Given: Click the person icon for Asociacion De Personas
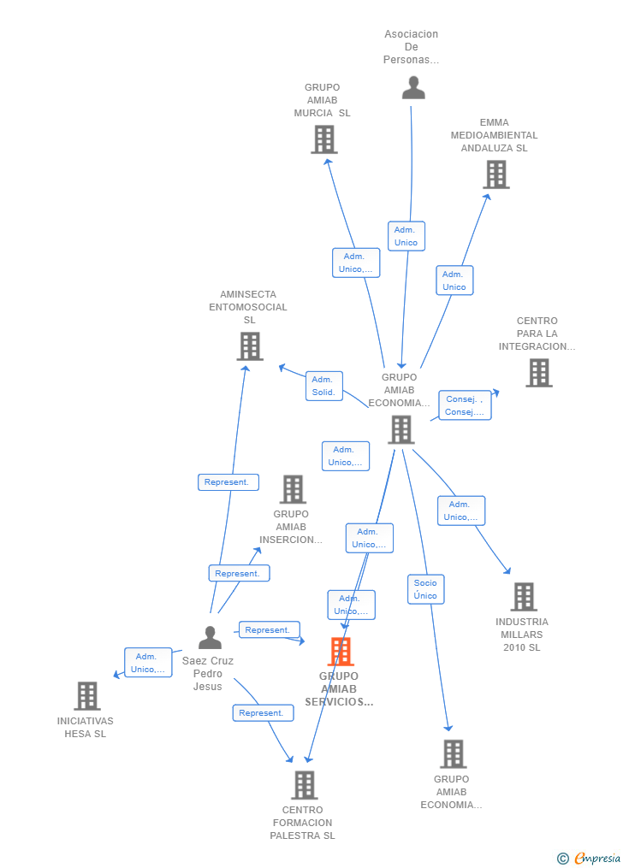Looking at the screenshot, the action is click(x=413, y=88).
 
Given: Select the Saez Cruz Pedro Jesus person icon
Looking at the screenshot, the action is click(x=210, y=637).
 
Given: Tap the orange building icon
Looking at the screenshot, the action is click(x=341, y=652).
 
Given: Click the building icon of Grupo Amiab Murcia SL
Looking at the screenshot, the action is click(x=323, y=139).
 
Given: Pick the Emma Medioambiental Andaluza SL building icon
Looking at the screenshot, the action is click(x=495, y=174).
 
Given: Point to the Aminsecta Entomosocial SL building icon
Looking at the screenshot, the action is click(x=249, y=346).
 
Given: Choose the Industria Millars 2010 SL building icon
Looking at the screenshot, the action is click(x=523, y=597).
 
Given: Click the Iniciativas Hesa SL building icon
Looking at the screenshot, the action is click(x=86, y=696).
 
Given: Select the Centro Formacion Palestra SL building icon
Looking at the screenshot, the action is click(x=304, y=785).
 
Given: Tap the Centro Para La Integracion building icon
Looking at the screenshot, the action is click(x=538, y=373).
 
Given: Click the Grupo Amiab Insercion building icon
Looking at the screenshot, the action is click(x=293, y=489).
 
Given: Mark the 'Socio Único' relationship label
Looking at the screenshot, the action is click(x=425, y=589).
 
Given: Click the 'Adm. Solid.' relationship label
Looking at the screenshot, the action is click(x=323, y=386).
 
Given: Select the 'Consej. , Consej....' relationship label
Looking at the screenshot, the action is click(x=465, y=405).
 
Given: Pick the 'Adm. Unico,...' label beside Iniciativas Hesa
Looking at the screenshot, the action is click(x=148, y=663).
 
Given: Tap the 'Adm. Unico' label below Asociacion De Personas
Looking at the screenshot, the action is click(x=406, y=236).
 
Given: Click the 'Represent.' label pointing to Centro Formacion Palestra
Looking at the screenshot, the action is click(x=262, y=713).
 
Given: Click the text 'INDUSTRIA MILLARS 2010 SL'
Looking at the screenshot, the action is click(x=522, y=635).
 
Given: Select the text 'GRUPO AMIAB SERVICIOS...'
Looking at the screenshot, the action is click(x=339, y=689).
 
